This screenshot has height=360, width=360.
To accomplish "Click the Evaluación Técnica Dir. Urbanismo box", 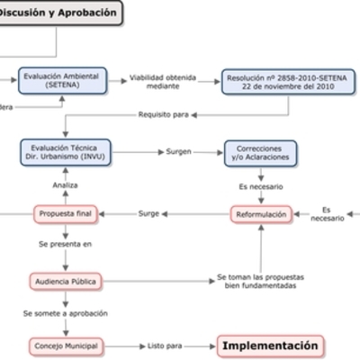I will (65, 152).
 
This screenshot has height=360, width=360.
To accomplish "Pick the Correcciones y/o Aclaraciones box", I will (260, 152).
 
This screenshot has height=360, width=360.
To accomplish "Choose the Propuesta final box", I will (65, 214).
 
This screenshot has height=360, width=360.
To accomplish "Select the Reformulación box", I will (261, 214).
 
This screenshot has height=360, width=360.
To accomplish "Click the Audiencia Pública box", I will (65, 281).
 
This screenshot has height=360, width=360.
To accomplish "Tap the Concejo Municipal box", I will (65, 346).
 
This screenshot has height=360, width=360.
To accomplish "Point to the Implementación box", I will (270, 346).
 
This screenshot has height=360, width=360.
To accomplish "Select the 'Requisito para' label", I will (164, 114).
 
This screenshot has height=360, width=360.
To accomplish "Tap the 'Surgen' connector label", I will (179, 152).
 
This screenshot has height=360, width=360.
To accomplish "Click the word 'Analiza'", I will (65, 184).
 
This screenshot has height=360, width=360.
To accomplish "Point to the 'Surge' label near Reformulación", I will (149, 214).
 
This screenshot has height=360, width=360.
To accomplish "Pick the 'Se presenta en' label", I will (65, 244).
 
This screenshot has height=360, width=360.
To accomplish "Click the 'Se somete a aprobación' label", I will (66, 313).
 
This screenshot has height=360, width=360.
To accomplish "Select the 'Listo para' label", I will (165, 346).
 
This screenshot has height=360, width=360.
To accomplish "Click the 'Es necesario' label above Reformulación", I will (261, 186).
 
